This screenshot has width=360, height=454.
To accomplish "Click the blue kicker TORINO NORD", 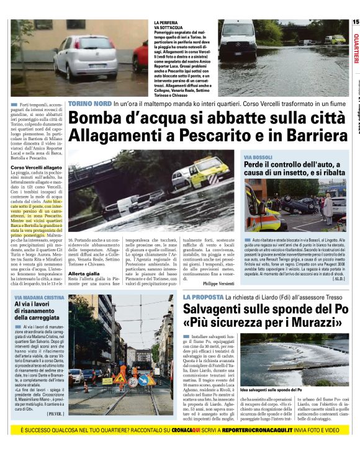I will click(90, 104).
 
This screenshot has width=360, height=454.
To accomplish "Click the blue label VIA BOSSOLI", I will click(258, 158).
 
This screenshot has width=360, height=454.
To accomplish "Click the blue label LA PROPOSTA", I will click(203, 298).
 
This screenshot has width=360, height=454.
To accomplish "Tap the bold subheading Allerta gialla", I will click(83, 273).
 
